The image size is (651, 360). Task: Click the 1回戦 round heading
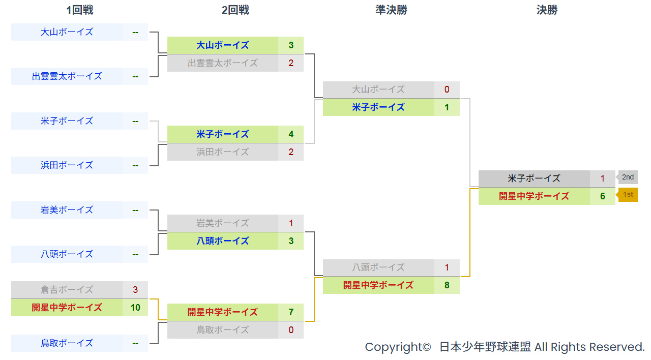click(80, 10)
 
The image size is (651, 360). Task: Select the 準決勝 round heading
click(391, 10)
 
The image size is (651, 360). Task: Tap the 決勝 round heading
click(547, 10)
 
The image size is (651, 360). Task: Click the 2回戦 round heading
click(235, 10)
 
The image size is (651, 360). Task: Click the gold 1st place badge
click(628, 195)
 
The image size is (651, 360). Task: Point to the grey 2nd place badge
click(628, 177)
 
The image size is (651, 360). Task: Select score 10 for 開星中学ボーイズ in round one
click(135, 308)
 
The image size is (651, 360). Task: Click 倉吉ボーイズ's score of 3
click(135, 290)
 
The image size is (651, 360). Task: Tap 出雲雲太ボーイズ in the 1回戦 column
click(67, 76)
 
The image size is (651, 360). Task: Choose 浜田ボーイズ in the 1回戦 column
click(67, 165)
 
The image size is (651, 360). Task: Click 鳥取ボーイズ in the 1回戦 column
click(67, 343)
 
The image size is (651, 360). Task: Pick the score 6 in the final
click(603, 196)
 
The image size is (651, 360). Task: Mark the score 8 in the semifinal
click(447, 285)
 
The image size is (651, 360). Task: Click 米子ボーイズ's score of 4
click(291, 134)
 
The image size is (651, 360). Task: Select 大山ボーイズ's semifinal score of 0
click(447, 89)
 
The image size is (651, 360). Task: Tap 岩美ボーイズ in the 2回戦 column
click(223, 223)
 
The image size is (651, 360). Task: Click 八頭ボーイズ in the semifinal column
click(378, 267)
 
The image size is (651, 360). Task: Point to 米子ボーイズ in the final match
click(534, 178)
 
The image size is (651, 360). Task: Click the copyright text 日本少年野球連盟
click(485, 347)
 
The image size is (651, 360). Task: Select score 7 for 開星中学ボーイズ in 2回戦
click(291, 312)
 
